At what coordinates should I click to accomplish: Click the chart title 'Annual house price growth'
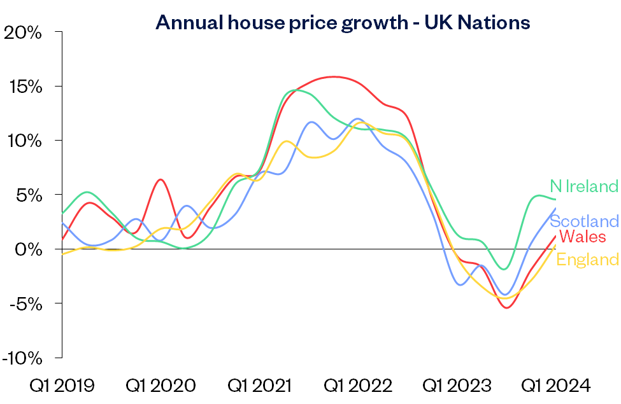[x=343, y=22]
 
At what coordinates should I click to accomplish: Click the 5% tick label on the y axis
[x=29, y=195]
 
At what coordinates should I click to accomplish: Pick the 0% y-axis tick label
[x=29, y=249]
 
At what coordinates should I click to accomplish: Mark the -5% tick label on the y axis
[x=26, y=303]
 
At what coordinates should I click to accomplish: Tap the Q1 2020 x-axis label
[x=161, y=386]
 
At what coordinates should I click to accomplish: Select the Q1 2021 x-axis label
[x=260, y=386]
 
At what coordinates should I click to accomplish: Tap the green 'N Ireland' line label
[x=584, y=186]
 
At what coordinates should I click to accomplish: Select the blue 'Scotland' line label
[x=584, y=221]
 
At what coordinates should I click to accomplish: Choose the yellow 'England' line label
[x=587, y=260]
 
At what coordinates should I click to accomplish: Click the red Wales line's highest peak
[x=334, y=76]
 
